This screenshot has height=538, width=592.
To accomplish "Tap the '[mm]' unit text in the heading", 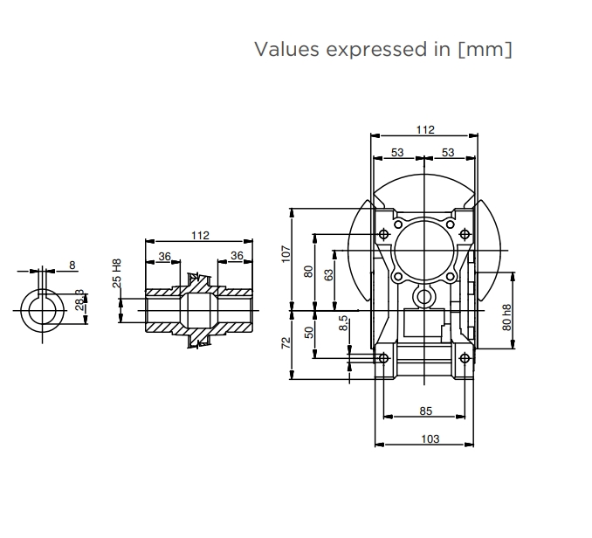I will (485, 50).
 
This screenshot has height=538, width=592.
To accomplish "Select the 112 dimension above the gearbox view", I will (424, 130).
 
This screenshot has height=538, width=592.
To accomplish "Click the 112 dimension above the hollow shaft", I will (200, 235).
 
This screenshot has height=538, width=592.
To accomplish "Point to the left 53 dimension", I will (397, 153).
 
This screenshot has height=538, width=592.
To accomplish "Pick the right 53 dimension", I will (448, 153).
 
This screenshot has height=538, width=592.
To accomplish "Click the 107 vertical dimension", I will (286, 253).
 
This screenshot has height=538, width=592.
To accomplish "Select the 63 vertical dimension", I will (328, 274).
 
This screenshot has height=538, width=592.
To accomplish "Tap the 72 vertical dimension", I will (286, 342).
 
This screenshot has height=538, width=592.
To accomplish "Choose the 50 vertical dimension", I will (308, 332).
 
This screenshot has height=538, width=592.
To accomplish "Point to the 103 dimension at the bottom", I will (430, 438).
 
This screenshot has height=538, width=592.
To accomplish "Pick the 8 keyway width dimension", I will (72, 264).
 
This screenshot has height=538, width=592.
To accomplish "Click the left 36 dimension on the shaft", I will (163, 256).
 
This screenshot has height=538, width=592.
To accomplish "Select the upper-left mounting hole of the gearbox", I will (384, 233).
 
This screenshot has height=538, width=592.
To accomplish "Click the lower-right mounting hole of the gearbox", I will (463, 356).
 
